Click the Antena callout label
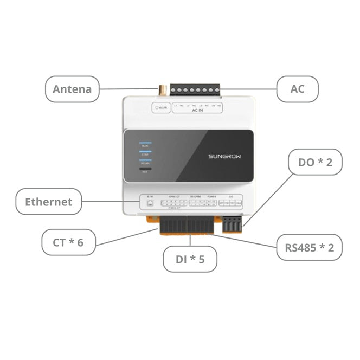click(x=72, y=89)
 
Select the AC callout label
click(x=297, y=89)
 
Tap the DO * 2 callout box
click(x=315, y=162)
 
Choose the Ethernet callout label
click(x=48, y=202)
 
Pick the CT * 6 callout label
click(x=68, y=242)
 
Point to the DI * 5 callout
click(x=190, y=259)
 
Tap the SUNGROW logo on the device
click(x=224, y=156)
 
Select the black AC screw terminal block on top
click(x=195, y=90)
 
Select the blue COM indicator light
click(x=145, y=152)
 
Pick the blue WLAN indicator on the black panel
click(x=145, y=160)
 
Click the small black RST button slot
click(x=145, y=169)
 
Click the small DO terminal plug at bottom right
click(x=232, y=222)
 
